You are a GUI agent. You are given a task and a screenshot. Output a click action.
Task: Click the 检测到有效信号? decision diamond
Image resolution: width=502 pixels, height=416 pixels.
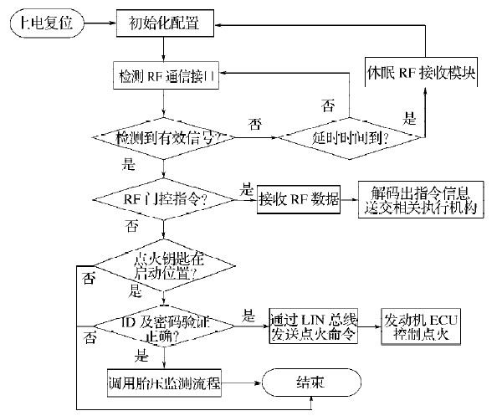(x=164, y=136)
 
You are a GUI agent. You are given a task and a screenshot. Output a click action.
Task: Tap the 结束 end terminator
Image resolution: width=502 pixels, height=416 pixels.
(x=310, y=383)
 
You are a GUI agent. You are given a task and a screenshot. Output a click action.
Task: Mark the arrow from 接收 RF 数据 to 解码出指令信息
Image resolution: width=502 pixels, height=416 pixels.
(x=350, y=199)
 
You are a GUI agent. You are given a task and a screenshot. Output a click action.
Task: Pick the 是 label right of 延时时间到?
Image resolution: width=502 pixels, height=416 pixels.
(x=409, y=120)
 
